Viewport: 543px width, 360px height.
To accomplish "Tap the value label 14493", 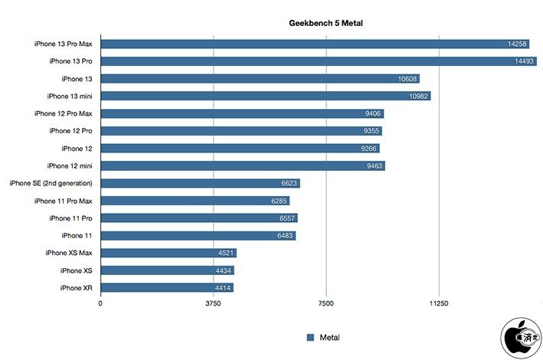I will point(525,61).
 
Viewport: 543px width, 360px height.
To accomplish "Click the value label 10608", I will point(408,79).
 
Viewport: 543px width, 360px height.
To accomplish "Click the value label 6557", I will point(286,218).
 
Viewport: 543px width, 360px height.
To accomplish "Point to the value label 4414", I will point(222,288).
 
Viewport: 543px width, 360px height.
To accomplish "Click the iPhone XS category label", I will point(77,270).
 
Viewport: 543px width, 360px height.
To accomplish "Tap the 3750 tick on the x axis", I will point(213,304).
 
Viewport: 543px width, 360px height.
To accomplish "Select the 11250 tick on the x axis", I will point(438,304).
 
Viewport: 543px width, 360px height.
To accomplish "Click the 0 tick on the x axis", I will point(100,304).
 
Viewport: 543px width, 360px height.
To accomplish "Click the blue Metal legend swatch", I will point(310,337).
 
